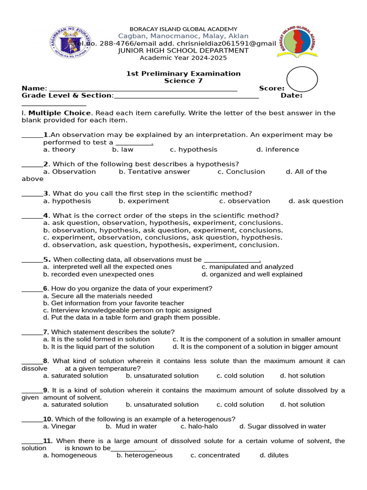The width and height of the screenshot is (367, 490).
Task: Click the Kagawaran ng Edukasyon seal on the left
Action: coord(71,42)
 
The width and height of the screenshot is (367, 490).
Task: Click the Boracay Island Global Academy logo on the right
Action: coord(296,42)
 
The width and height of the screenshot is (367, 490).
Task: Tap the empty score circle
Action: coord(302,79)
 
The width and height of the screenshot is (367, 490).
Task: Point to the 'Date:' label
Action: coord(291,96)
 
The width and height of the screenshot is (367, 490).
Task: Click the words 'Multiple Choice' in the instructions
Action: coord(59,113)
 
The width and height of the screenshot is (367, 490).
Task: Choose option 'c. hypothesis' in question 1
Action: coord(194,150)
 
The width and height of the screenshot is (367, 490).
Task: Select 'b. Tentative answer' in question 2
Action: coord(154,172)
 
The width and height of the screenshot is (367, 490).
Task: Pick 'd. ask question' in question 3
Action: coord(316,201)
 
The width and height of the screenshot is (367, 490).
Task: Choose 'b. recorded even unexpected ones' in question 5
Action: coord(98,275)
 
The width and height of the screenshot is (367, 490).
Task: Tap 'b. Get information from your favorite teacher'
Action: coord(113,303)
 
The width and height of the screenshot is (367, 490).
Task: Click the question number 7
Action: coord(46,332)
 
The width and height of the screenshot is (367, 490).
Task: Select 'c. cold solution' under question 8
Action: coord(240,376)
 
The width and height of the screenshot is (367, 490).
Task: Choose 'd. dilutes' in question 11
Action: coord(274,456)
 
